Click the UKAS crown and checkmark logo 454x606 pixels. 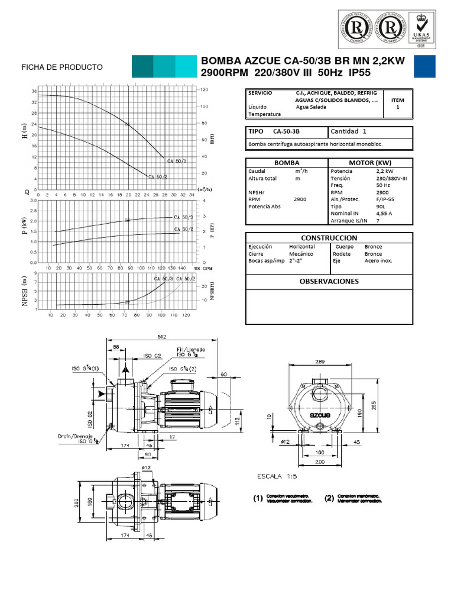pyautogui.click(x=421, y=28)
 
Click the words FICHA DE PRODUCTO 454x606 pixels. pyautogui.click(x=62, y=67)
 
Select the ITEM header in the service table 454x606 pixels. pyautogui.click(x=397, y=101)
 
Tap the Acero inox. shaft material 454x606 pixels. pyautogui.click(x=379, y=260)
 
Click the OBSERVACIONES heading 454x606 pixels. pyautogui.click(x=329, y=281)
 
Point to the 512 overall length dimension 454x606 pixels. pyautogui.click(x=161, y=337)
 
